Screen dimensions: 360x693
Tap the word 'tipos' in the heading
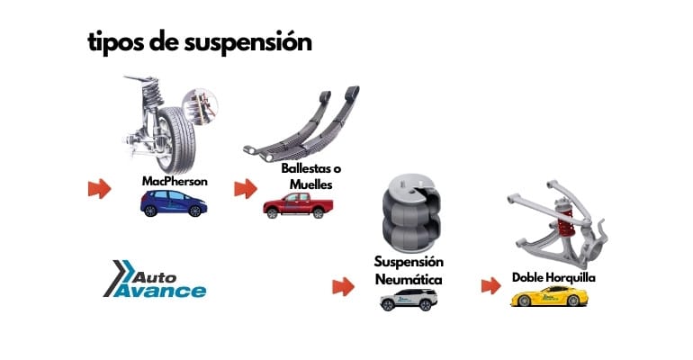click(112, 42)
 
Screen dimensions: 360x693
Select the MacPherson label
click(175, 181)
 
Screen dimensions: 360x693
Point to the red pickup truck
click(292, 206)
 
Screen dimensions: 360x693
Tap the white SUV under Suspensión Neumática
click(407, 300)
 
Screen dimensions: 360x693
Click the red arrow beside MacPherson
click(99, 189)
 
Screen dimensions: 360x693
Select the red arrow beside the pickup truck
click(246, 189)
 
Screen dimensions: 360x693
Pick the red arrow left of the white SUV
click(342, 287)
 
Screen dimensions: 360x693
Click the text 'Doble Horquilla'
click(553, 277)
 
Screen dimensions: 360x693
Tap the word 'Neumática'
click(408, 280)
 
